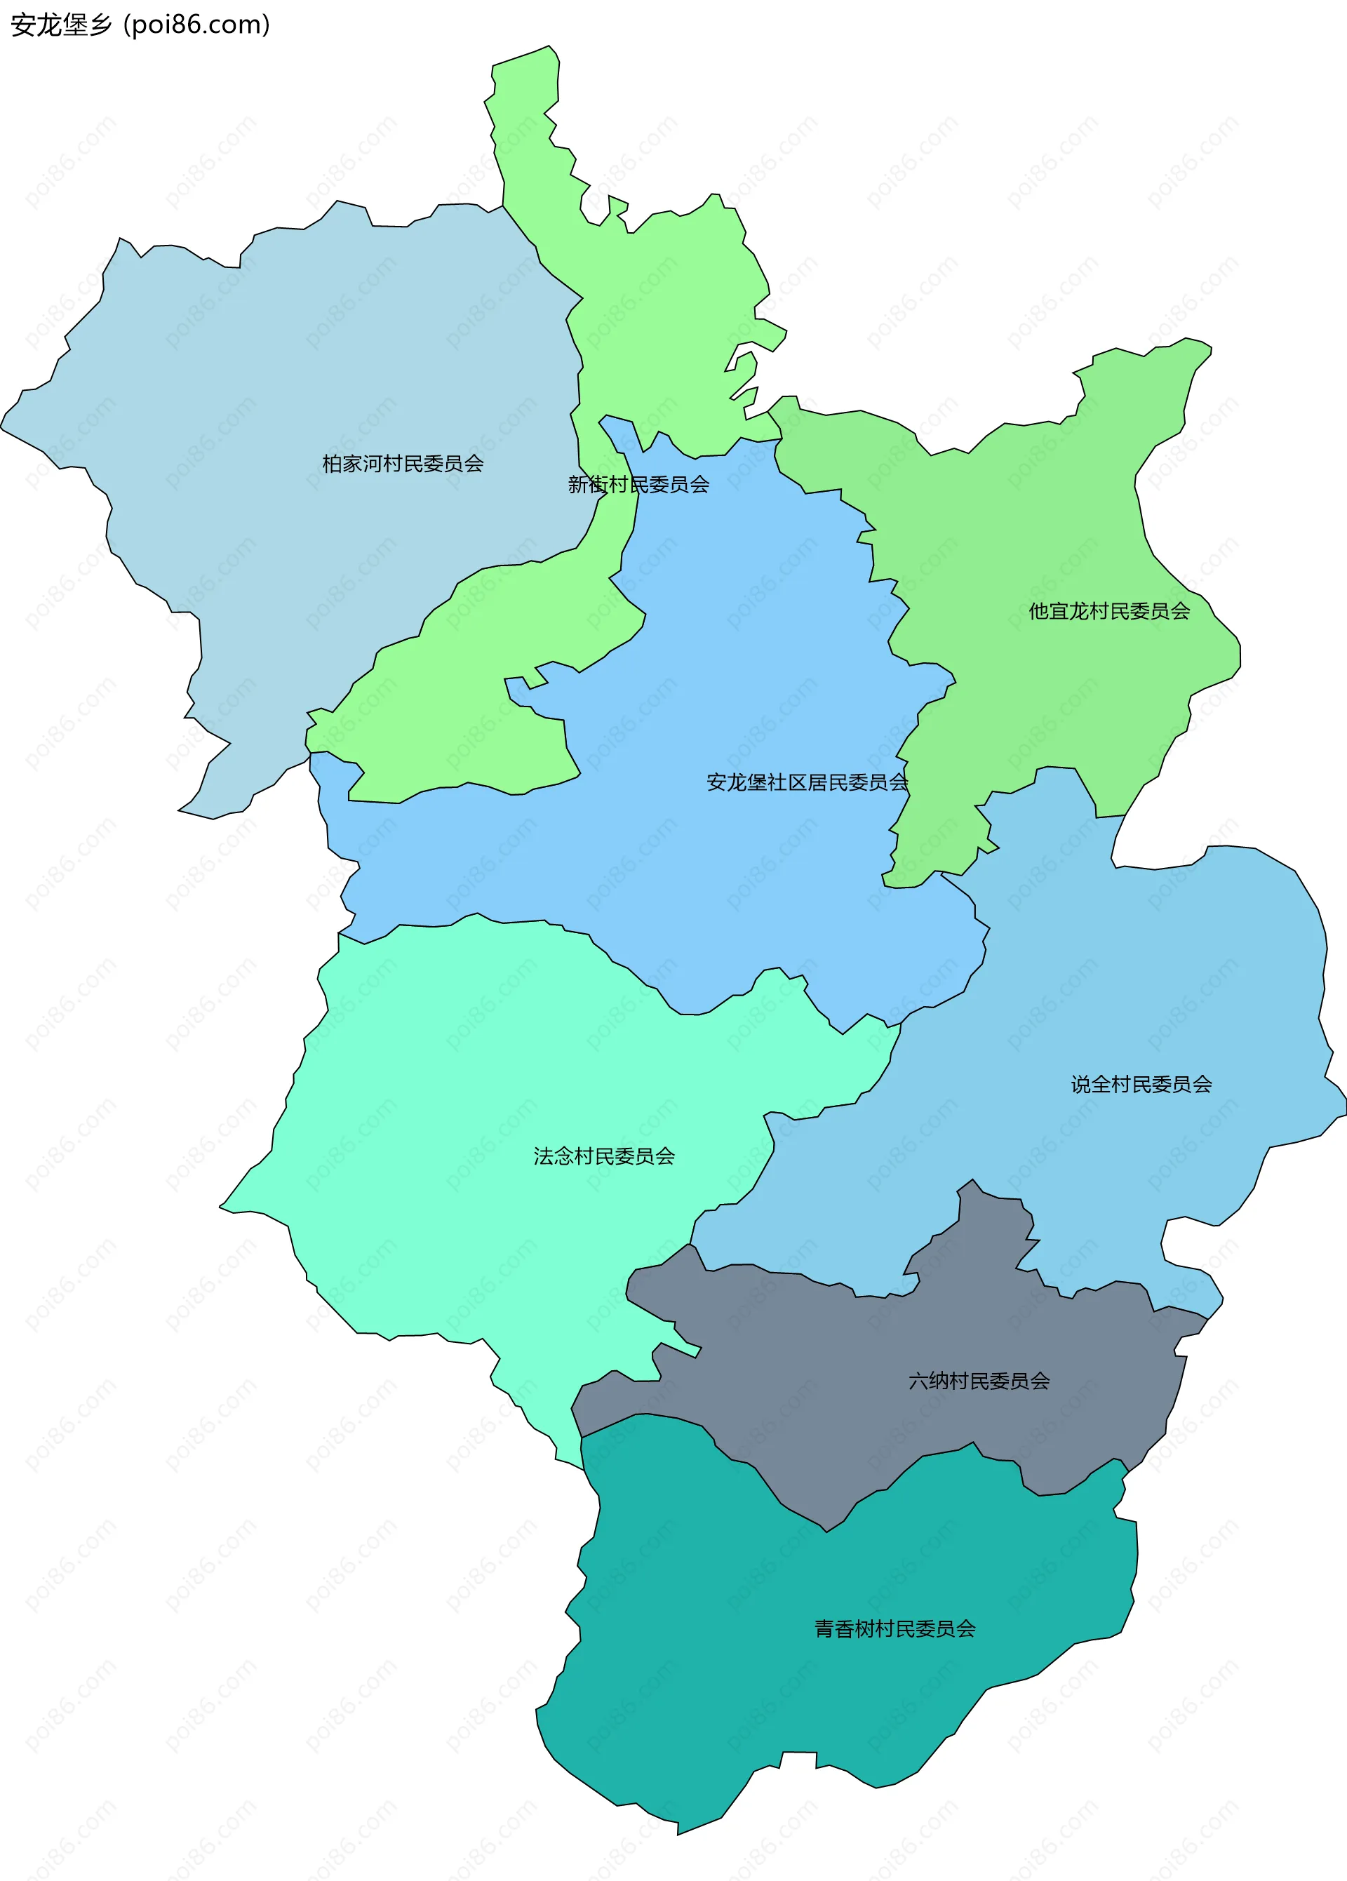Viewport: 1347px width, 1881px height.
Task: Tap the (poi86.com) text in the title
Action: coord(197,25)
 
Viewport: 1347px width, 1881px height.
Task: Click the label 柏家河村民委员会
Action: coord(402,464)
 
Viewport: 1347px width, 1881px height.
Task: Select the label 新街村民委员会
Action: coord(638,484)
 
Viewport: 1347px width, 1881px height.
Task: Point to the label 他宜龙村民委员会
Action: coord(1109,611)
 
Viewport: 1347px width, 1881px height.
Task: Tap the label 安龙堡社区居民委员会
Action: coord(807,782)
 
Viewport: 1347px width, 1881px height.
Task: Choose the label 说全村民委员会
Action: coord(1141,1084)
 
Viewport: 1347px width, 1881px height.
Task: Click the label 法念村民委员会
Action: coord(604,1156)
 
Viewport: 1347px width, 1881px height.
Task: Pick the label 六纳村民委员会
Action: coord(979,1381)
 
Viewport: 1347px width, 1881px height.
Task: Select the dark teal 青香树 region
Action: coord(788,1700)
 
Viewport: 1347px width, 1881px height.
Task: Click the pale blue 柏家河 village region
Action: coord(290,373)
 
